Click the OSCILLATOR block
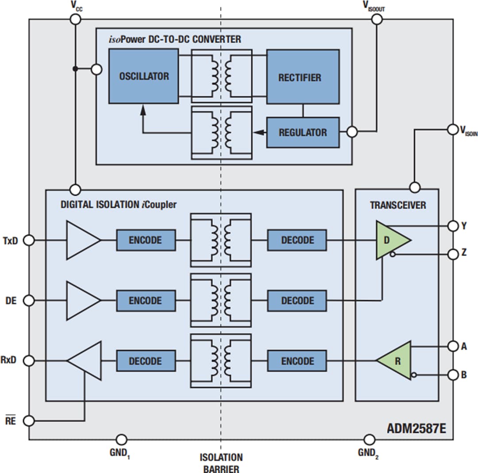click(x=143, y=76)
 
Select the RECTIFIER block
click(x=303, y=77)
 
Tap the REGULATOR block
click(x=303, y=132)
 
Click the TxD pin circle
click(x=29, y=240)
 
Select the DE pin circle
click(x=29, y=301)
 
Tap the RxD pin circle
click(x=29, y=361)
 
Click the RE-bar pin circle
click(x=29, y=420)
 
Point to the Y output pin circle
click(x=453, y=226)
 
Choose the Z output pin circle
click(x=453, y=254)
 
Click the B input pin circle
click(x=453, y=375)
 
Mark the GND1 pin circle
click(x=121, y=439)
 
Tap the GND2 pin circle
click(x=369, y=439)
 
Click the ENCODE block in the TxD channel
click(x=146, y=240)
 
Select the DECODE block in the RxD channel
click(x=146, y=361)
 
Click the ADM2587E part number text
click(x=416, y=428)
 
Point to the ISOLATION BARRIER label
click(x=221, y=463)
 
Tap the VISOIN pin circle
click(x=453, y=129)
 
